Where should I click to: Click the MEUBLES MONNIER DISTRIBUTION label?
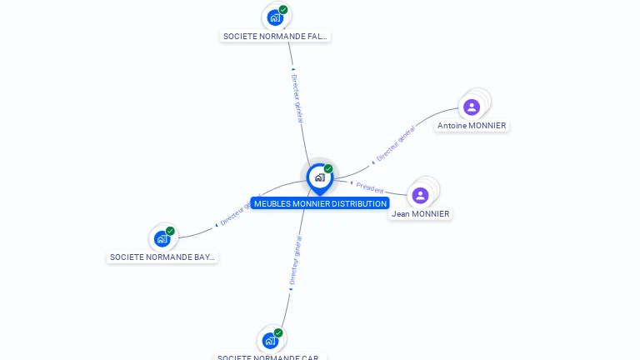(x=320, y=203)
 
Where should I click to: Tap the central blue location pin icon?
(x=319, y=177)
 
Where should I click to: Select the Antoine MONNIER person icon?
(x=472, y=107)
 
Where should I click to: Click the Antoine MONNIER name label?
(x=472, y=126)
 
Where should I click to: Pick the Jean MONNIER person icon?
(x=420, y=195)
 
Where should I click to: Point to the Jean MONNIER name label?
(x=420, y=214)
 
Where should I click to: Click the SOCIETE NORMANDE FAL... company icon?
(x=274, y=17)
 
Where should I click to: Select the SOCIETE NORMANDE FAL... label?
(x=276, y=37)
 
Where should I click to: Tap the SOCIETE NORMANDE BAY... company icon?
(x=162, y=239)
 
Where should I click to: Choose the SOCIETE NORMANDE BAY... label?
(x=162, y=257)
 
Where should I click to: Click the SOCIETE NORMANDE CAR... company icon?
(x=270, y=340)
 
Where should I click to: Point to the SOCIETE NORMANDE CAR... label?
(x=270, y=357)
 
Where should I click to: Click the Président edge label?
(x=369, y=188)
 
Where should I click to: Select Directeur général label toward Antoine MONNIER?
(x=395, y=143)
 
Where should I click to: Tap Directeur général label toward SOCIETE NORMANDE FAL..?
(x=297, y=97)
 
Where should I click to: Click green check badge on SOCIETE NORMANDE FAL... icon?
(x=283, y=10)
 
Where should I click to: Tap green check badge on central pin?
(x=328, y=169)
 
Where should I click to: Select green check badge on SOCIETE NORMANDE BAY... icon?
(x=170, y=231)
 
